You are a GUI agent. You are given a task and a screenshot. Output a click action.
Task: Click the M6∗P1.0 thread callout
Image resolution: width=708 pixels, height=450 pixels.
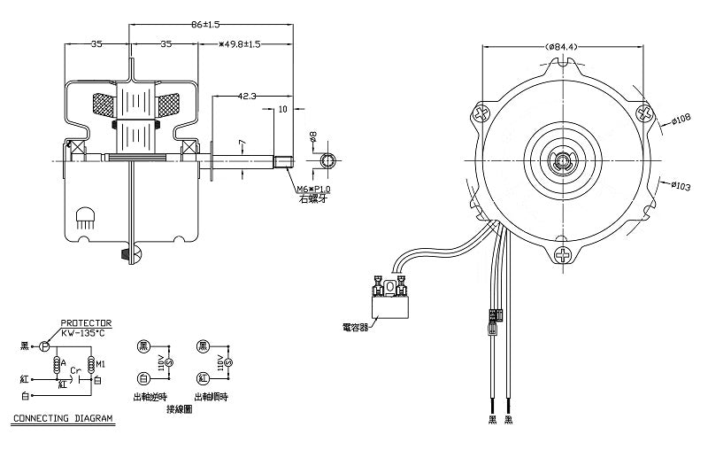[x=314, y=190]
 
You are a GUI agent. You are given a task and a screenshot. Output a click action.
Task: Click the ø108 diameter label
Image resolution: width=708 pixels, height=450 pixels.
[x=681, y=120]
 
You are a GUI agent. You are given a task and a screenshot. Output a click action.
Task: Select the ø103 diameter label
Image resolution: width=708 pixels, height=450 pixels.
[x=681, y=186]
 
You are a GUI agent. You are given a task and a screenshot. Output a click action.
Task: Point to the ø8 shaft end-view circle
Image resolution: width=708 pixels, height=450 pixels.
[x=329, y=161]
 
